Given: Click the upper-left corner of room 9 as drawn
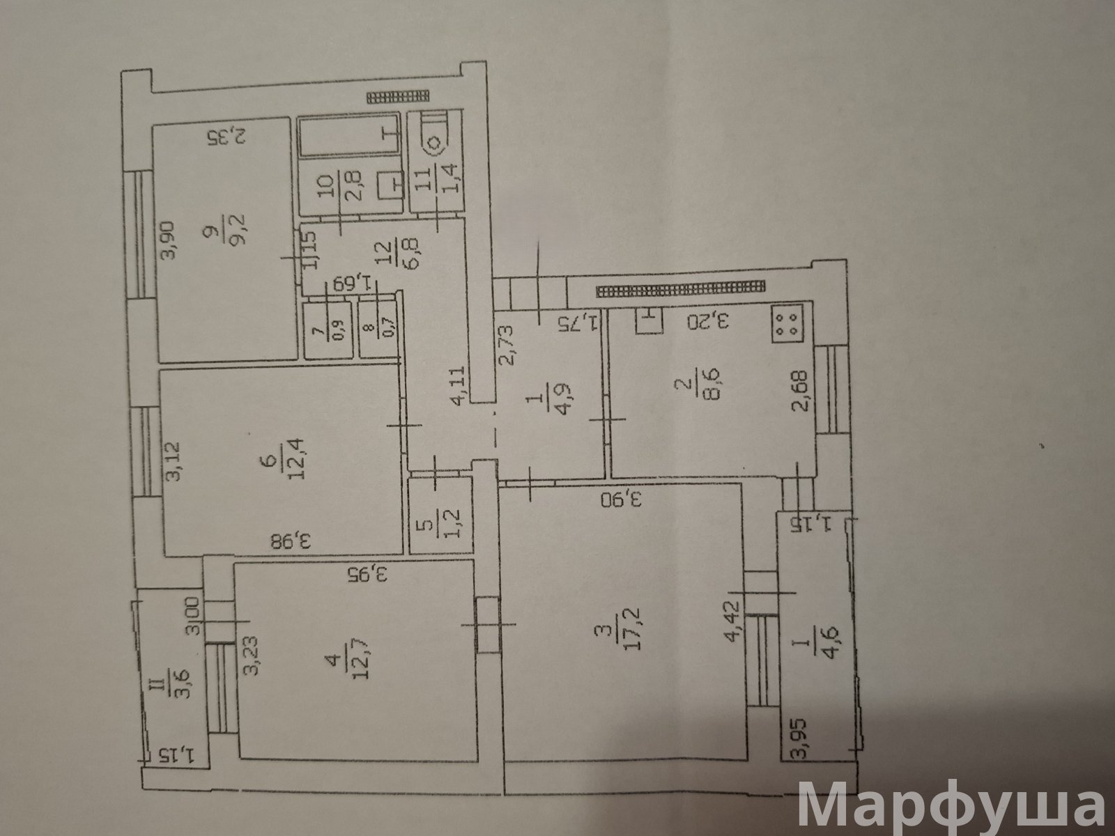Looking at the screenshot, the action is (154, 126).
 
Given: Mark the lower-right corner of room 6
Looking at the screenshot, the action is (403, 553).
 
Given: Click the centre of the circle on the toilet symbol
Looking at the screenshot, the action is (436, 144).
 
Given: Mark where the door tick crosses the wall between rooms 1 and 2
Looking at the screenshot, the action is (607, 419).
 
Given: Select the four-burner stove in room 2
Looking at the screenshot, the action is (788, 323).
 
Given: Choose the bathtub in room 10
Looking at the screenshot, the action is (349, 135).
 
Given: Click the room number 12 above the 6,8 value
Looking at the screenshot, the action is (385, 254).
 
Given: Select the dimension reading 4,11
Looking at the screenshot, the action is (459, 386).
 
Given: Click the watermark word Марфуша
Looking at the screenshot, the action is (952, 806).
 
